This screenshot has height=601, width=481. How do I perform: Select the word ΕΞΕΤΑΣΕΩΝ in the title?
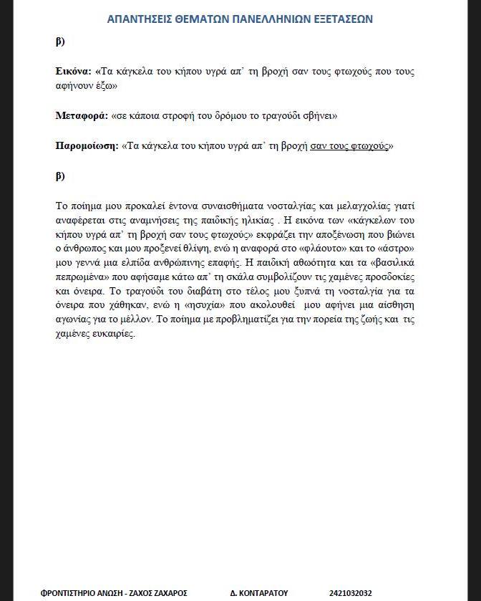pos(344,19)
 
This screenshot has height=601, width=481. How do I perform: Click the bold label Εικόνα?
pos(74,72)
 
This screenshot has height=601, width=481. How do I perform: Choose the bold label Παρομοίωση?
pos(86,145)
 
